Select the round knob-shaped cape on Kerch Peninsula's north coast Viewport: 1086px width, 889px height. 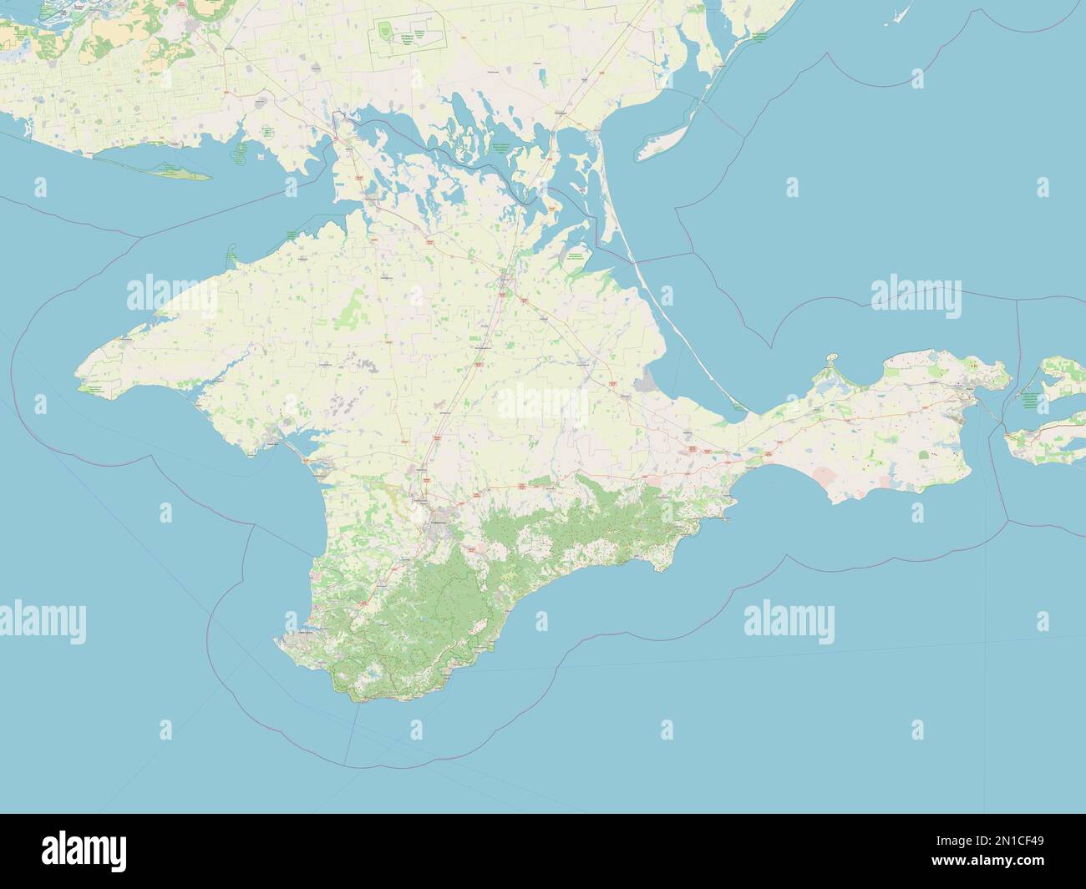click(x=832, y=360)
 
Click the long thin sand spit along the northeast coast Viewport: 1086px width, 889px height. click(x=660, y=301)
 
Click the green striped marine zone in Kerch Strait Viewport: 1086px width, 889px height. click(x=1033, y=400)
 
